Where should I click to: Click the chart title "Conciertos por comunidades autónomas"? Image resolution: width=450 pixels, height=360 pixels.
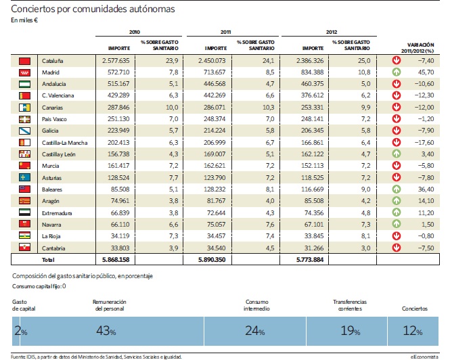click(x=93, y=9)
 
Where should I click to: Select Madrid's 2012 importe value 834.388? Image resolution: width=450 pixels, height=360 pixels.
click(x=312, y=72)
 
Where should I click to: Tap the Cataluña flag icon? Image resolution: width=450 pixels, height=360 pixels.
click(x=24, y=61)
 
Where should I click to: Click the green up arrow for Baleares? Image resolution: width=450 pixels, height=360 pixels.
click(x=397, y=189)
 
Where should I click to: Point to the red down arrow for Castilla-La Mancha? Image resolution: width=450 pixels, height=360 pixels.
click(x=397, y=142)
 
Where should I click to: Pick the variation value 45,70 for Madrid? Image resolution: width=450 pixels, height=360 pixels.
click(x=426, y=72)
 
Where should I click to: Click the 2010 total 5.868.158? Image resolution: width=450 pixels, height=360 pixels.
click(x=116, y=260)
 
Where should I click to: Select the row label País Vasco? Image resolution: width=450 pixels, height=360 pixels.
click(x=54, y=119)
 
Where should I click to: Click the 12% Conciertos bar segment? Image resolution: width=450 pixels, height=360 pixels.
click(x=413, y=331)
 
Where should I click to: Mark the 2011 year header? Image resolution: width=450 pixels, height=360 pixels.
click(x=225, y=32)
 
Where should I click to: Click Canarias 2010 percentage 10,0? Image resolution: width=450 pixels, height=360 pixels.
click(x=172, y=108)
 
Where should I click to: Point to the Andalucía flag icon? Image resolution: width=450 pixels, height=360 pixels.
click(x=24, y=84)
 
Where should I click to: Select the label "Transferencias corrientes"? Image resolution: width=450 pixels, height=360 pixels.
click(x=350, y=305)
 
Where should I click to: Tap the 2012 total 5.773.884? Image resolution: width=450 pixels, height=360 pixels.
click(x=310, y=260)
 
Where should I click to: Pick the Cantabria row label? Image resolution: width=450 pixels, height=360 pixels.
click(x=53, y=248)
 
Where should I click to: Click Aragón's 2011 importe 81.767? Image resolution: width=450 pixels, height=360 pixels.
click(x=216, y=201)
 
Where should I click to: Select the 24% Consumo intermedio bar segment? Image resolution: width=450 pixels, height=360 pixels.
click(x=255, y=331)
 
